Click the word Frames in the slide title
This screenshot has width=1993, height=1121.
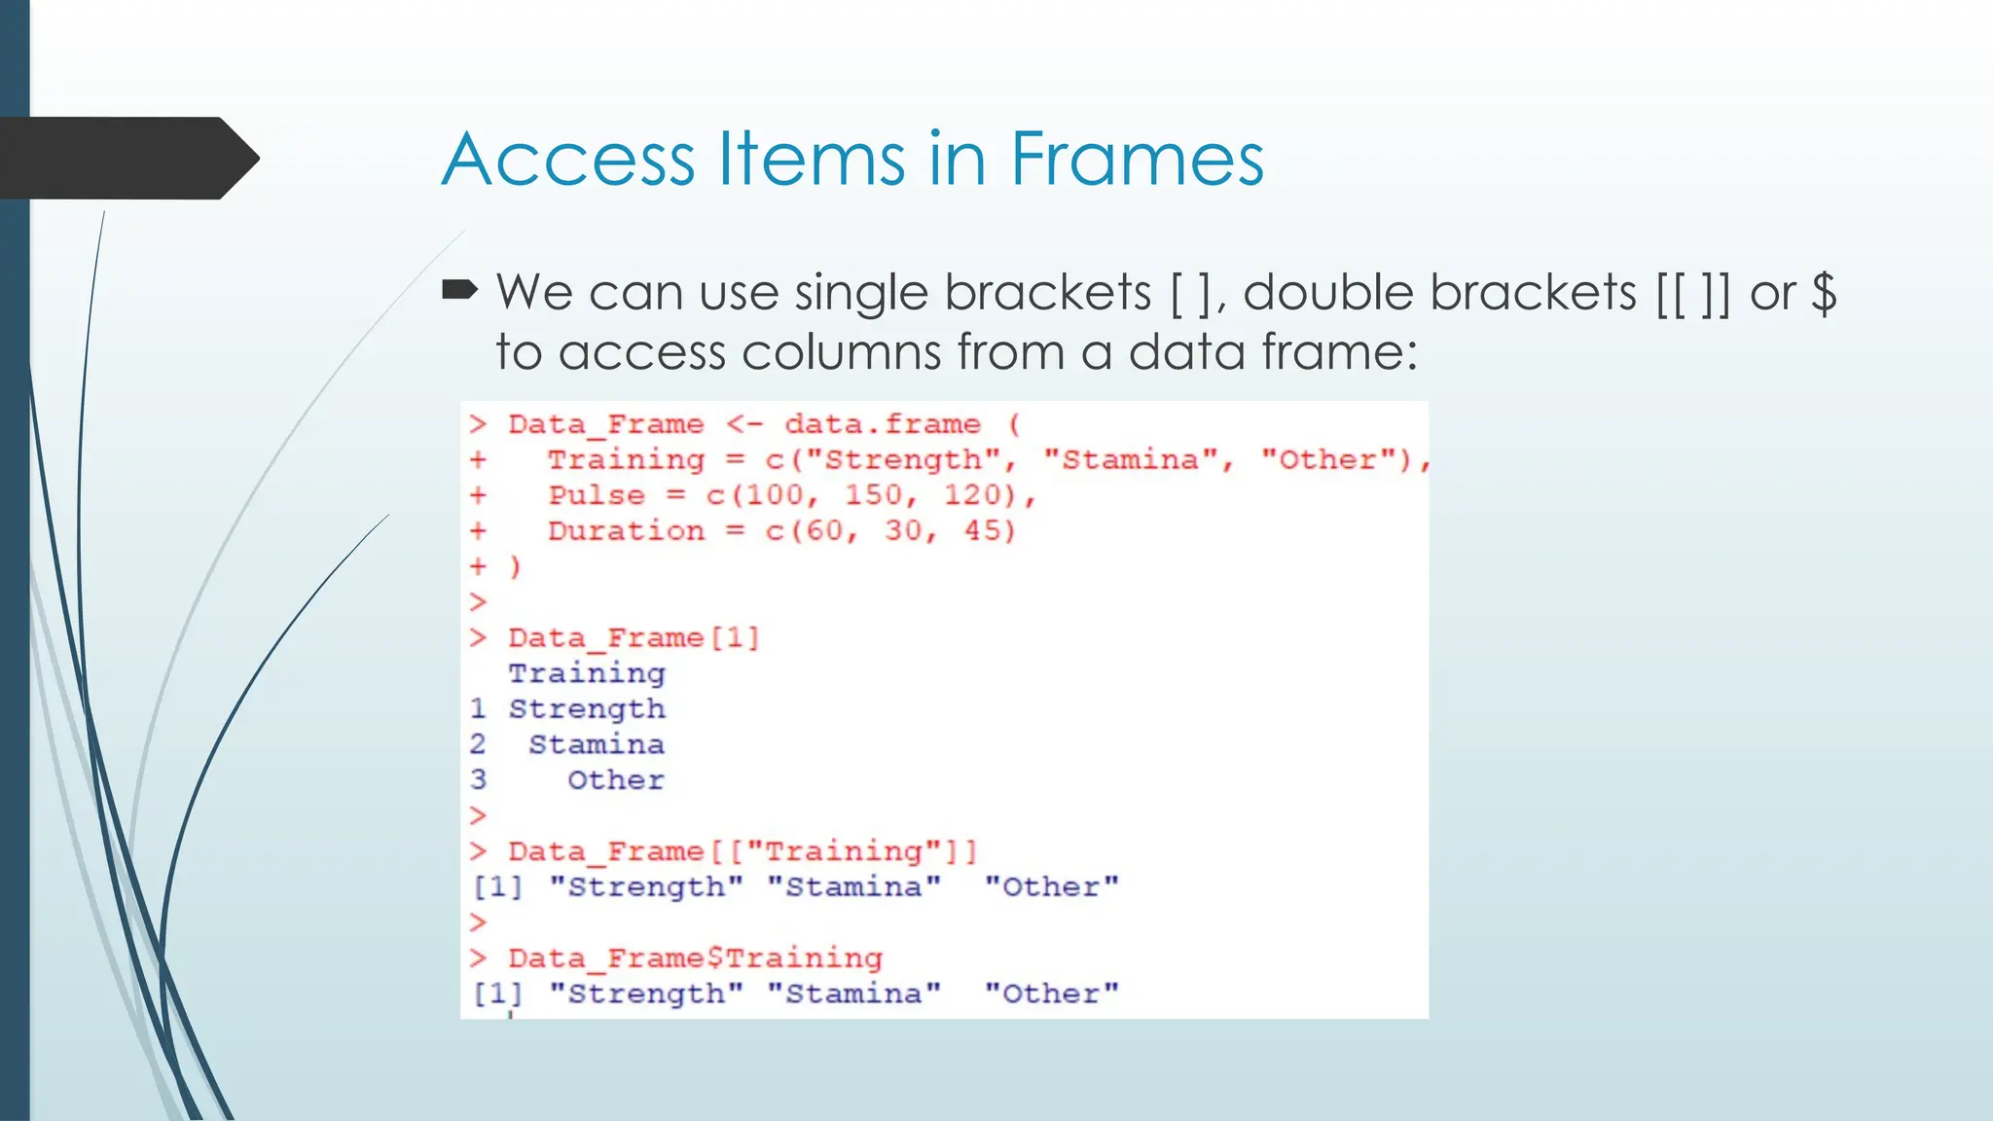pyautogui.click(x=1137, y=159)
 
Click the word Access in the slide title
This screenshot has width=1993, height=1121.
pyautogui.click(x=569, y=159)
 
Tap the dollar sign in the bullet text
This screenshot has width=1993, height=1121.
pyautogui.click(x=1824, y=292)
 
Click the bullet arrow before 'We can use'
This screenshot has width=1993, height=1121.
pyautogui.click(x=459, y=289)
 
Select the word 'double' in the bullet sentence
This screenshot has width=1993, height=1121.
pyautogui.click(x=1329, y=292)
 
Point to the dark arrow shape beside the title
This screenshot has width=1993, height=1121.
pyautogui.click(x=127, y=159)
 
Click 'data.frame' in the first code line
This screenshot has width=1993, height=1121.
pyautogui.click(x=882, y=424)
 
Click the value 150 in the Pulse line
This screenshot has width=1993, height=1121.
pyautogui.click(x=872, y=495)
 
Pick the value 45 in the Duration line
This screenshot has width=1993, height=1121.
pyautogui.click(x=988, y=531)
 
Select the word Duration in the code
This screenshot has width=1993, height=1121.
pyautogui.click(x=626, y=531)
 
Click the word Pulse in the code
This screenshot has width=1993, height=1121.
pyautogui.click(x=596, y=495)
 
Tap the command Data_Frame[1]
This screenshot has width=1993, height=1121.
pyautogui.click(x=634, y=638)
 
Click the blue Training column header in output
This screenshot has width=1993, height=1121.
pyautogui.click(x=587, y=673)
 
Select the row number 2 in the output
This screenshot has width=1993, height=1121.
pyautogui.click(x=478, y=744)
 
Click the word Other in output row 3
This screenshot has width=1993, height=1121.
pyautogui.click(x=615, y=780)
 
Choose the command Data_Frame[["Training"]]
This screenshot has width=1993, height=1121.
pyautogui.click(x=742, y=851)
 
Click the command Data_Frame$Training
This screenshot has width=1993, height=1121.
pyautogui.click(x=695, y=958)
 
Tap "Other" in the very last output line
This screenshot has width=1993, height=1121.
pyautogui.click(x=1051, y=994)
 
